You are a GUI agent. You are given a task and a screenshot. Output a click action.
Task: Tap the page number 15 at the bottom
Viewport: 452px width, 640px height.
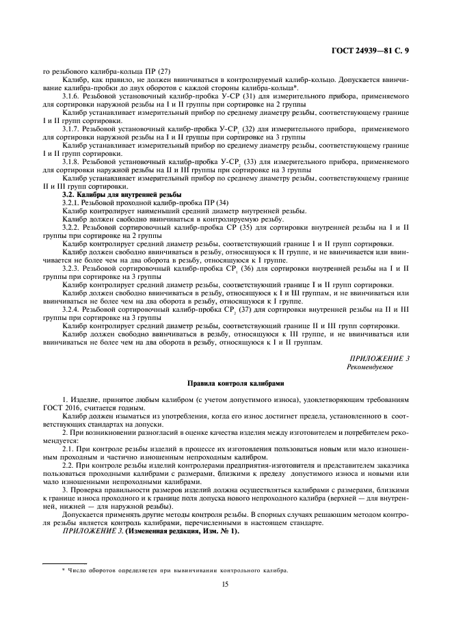225,584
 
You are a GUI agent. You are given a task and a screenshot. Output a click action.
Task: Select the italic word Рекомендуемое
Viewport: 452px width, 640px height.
371,366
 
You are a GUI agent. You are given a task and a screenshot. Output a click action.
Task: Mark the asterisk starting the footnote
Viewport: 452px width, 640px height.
63,570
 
